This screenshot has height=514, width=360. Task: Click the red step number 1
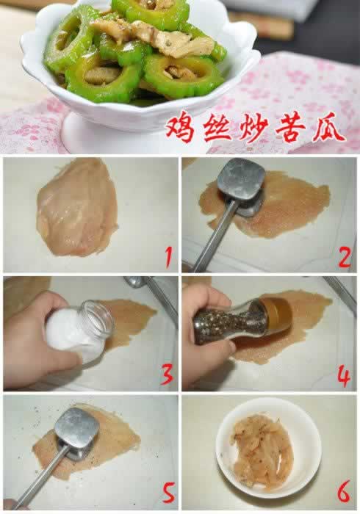click(168, 258)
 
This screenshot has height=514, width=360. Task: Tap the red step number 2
click(344, 257)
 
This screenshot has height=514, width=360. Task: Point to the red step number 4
click(344, 375)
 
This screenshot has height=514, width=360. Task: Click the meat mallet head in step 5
click(76, 430)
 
